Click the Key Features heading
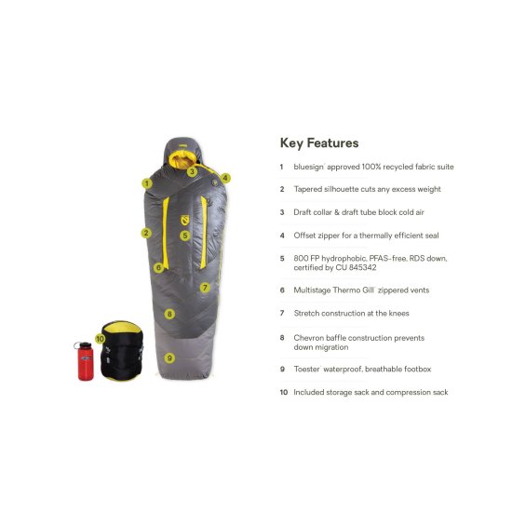(319, 143)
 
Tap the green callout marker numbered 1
(147, 183)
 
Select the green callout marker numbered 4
(225, 178)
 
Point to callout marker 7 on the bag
(205, 288)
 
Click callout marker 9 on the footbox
(169, 357)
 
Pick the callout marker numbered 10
(101, 339)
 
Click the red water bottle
(85, 361)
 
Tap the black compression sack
(122, 350)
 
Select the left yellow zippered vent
(166, 233)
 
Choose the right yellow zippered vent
(204, 232)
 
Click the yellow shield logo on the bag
(185, 220)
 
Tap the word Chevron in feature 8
(308, 338)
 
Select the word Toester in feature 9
(306, 369)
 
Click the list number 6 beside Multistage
(282, 290)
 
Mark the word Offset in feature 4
(304, 236)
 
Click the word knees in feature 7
(398, 313)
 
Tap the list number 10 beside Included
(284, 392)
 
